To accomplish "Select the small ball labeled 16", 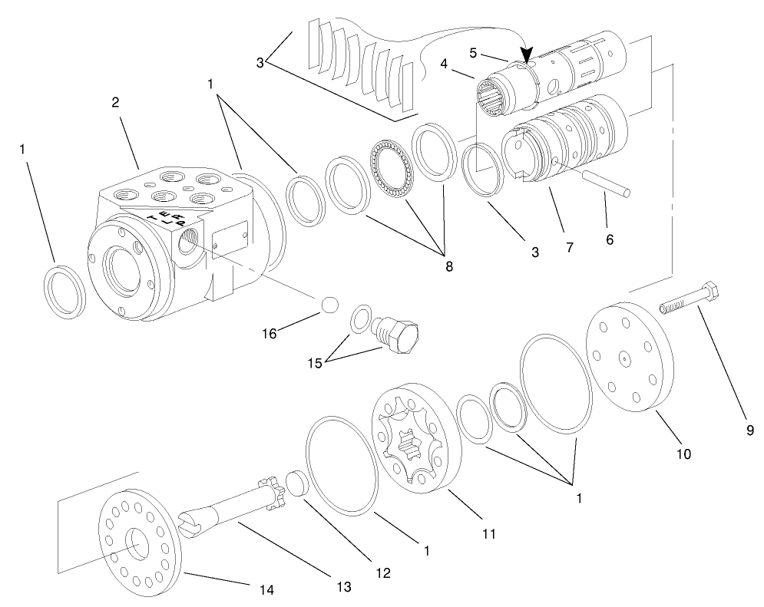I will click(330, 304).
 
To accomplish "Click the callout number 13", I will click(342, 586).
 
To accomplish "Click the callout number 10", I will click(683, 454).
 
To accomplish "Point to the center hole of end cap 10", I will click(626, 357).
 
